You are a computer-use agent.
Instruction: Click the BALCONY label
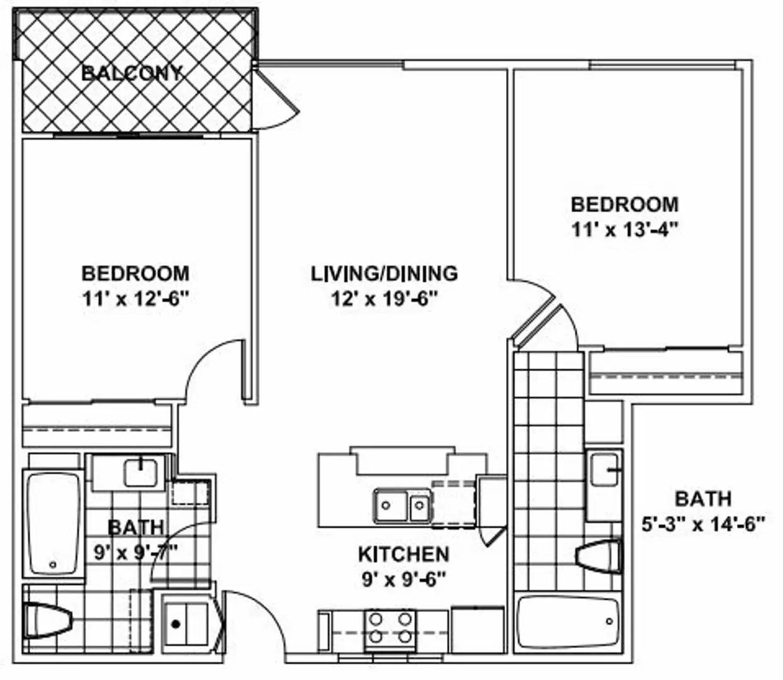click(x=132, y=73)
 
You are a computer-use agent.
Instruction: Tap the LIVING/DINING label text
click(x=384, y=274)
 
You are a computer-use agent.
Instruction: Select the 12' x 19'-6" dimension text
click(x=384, y=299)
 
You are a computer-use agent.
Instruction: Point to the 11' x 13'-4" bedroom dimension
click(x=624, y=230)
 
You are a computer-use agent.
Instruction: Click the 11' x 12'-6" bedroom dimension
click(x=136, y=299)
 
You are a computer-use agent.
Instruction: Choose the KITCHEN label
click(x=403, y=554)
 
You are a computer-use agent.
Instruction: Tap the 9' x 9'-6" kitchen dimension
click(x=404, y=579)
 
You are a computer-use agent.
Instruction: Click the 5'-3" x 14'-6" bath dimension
click(x=703, y=524)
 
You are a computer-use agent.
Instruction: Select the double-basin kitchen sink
click(x=403, y=506)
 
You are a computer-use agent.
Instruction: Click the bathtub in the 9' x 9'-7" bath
click(x=54, y=524)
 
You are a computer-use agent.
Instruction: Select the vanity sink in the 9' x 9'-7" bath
click(x=141, y=473)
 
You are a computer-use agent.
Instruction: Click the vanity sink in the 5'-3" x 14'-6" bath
click(x=604, y=470)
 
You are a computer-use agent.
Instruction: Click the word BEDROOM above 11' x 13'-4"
click(x=624, y=205)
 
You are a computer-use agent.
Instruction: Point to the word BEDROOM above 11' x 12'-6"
click(x=136, y=274)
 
